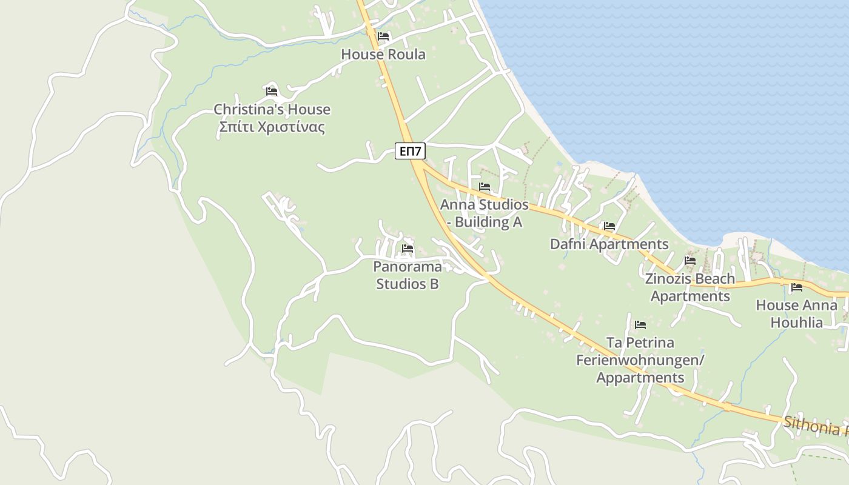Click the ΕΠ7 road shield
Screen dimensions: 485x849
[410, 151]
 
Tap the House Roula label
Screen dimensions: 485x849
[383, 55]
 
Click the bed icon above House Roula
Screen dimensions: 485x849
[383, 36]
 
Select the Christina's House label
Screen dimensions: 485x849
[272, 110]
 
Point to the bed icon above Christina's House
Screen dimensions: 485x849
[272, 92]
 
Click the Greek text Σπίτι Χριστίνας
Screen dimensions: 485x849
[272, 127]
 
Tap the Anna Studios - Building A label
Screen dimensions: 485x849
[485, 213]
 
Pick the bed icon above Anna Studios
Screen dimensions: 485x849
[485, 187]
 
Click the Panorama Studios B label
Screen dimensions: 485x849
[408, 275]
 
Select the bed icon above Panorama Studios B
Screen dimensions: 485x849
[408, 249]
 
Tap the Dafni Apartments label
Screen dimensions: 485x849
[609, 244]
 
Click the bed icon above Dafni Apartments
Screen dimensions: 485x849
[609, 226]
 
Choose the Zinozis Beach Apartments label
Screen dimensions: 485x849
[690, 287]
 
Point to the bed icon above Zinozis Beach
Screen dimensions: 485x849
[690, 261]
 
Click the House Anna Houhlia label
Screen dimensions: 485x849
[796, 313]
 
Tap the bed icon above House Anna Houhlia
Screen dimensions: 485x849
[797, 287]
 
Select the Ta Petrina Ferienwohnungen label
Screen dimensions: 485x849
[640, 360]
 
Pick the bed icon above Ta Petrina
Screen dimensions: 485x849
[640, 325]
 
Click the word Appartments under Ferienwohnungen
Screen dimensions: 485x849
[640, 378]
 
